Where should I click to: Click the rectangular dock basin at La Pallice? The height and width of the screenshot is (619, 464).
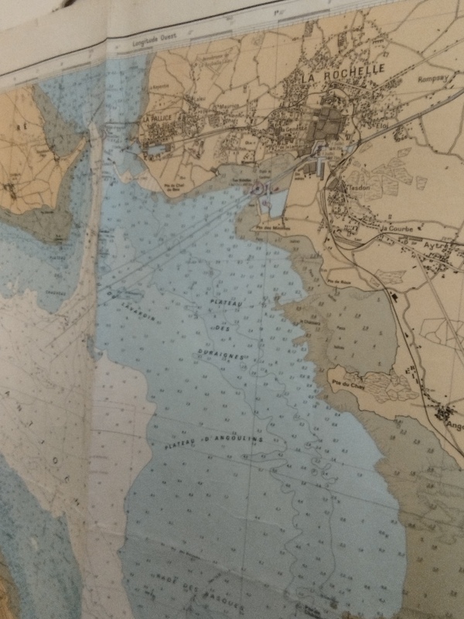point(158,146)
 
